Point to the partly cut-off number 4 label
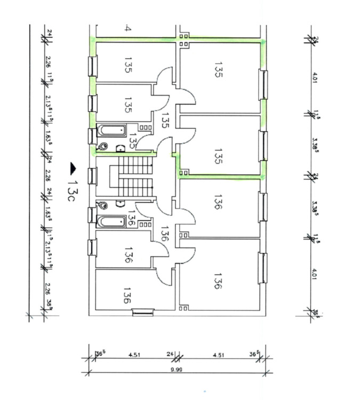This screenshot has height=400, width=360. coord(127,28)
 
